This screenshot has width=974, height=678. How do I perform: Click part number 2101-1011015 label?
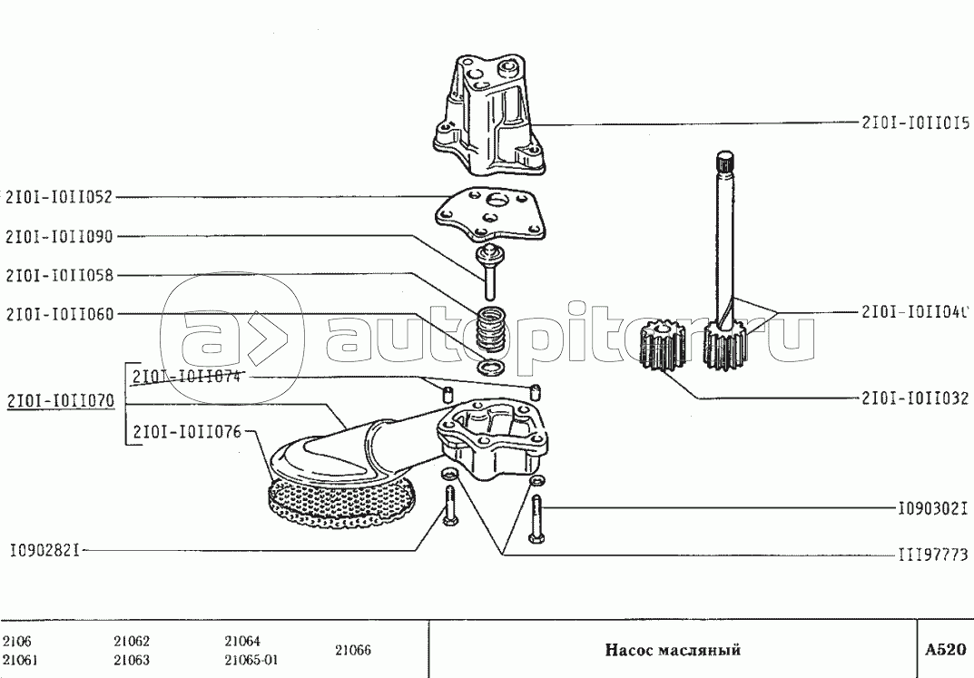coord(914,123)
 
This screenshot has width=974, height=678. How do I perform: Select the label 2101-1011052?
coord(60,196)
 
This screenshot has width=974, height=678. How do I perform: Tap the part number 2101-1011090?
coord(60,236)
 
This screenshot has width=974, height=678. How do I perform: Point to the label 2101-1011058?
coord(60,275)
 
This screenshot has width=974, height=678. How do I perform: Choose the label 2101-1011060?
coord(60,315)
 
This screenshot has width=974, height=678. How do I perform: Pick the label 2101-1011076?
coord(187,431)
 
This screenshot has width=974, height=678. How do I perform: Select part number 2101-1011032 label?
coord(914,398)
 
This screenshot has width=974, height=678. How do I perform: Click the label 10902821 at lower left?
coord(46,549)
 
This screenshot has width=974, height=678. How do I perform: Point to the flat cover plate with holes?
coord(492,215)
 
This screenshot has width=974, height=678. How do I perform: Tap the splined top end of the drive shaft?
coord(723,162)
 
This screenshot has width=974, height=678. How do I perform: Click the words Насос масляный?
coord(673,650)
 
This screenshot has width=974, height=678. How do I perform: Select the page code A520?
coord(945,650)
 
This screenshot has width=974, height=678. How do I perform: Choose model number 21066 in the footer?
coord(353,650)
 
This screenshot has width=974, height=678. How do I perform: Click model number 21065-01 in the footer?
coord(251,660)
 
